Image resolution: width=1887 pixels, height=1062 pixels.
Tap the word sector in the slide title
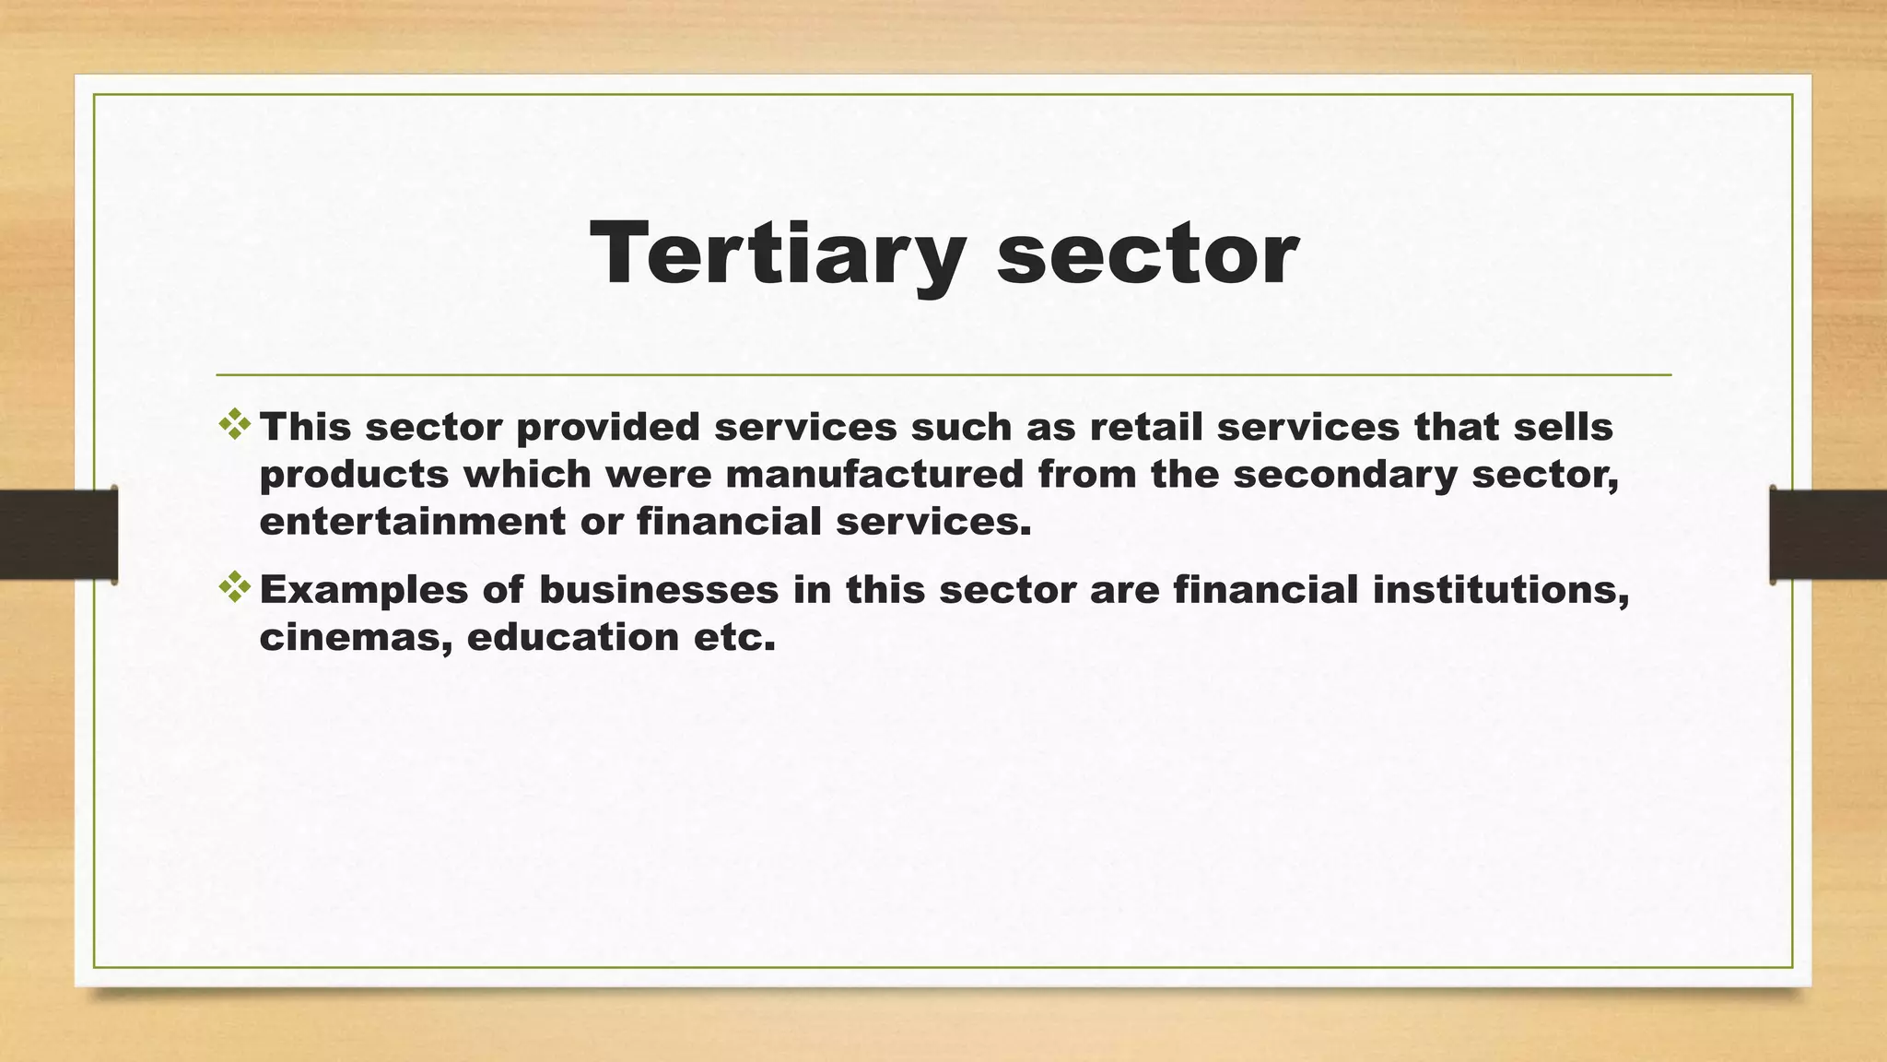1147,254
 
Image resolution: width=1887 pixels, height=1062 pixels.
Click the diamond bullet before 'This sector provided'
235,424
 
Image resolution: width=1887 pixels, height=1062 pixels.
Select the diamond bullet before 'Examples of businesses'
235,587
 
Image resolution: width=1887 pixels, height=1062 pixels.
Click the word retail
1144,427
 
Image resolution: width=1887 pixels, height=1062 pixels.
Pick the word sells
1567,427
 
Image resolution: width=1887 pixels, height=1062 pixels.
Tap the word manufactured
874,475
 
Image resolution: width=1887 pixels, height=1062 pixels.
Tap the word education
573,638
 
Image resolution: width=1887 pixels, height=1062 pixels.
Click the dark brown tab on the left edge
58,535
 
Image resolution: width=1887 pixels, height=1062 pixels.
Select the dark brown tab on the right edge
1828,535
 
